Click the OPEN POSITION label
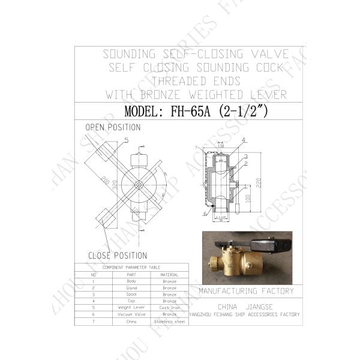tap(113, 128)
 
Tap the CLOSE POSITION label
tap(118, 256)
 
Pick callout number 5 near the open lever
tap(126, 140)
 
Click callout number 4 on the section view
tap(244, 140)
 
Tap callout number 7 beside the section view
tap(196, 147)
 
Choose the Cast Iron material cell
tap(170, 308)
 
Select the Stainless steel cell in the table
tap(170, 322)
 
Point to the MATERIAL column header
tap(170, 274)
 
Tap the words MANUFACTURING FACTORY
tap(246, 292)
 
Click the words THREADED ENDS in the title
tap(196, 80)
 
